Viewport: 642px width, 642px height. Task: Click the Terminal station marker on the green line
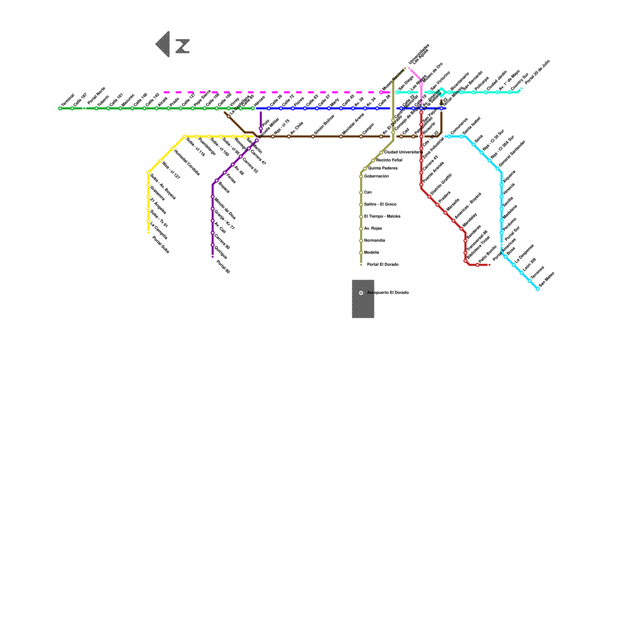coord(60,108)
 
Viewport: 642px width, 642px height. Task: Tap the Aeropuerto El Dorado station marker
coord(361,293)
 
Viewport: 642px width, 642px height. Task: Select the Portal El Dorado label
coord(383,265)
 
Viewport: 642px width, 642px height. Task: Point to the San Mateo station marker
coord(538,289)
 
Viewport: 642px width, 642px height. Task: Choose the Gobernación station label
coord(376,177)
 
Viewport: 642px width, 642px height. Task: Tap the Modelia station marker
coord(361,253)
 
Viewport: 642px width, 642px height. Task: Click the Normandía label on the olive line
coord(375,241)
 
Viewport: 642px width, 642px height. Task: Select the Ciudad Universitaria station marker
coord(381,152)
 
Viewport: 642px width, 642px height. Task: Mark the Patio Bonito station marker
coord(477,265)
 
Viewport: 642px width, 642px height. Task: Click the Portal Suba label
coord(160,245)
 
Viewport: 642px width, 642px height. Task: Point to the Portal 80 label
coord(223,267)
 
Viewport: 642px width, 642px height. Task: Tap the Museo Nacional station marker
coord(381,92)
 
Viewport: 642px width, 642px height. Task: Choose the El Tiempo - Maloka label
coord(382,217)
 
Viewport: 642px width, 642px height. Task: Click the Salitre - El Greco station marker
coord(361,205)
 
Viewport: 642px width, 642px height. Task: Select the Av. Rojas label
coord(373,229)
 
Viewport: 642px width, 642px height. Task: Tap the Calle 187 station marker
coord(72,108)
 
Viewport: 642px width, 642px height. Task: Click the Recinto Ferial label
coord(389,160)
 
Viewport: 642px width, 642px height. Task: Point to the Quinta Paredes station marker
coord(365,169)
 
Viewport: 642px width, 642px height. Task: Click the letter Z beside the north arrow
coord(183,46)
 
